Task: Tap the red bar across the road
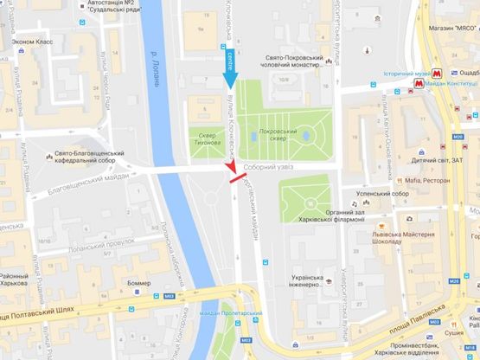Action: [x=231, y=170]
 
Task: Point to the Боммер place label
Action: [x=138, y=283]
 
